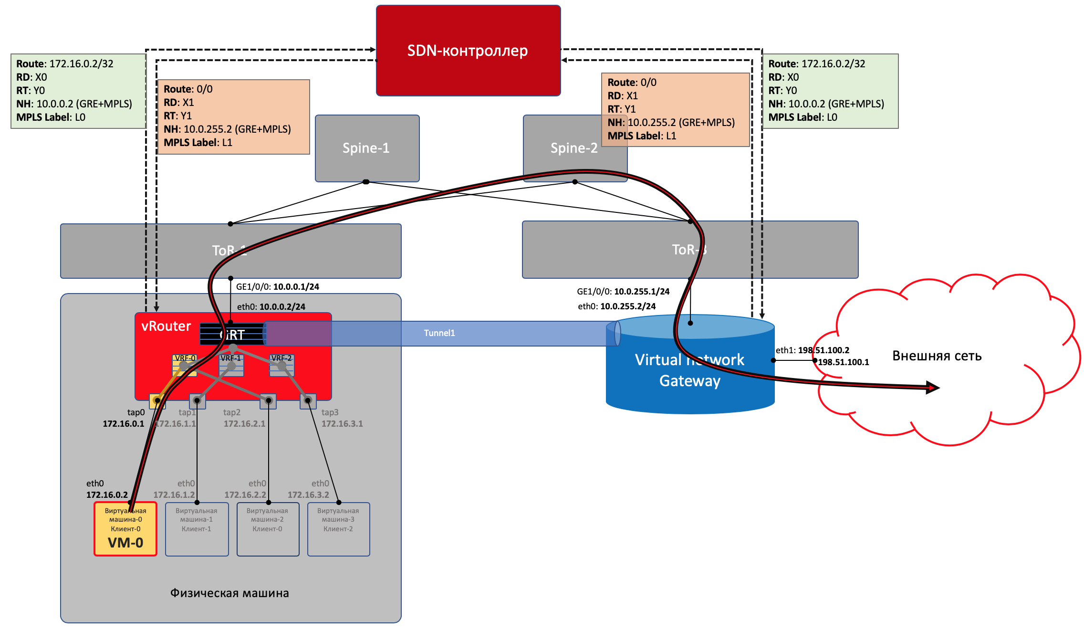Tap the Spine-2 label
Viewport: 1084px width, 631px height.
[573, 148]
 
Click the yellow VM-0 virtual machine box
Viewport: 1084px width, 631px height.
[125, 530]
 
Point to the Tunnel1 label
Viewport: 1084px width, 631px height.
[439, 333]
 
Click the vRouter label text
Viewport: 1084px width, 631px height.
[166, 326]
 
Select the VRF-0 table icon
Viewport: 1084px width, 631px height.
[184, 366]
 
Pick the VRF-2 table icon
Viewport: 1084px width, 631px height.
[281, 366]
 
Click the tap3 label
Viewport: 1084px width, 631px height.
[330, 412]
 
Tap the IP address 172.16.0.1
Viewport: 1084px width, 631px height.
[123, 424]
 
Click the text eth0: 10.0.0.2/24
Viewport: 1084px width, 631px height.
[271, 307]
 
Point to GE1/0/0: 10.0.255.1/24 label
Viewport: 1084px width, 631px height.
[623, 292]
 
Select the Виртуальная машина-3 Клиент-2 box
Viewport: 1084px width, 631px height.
[338, 529]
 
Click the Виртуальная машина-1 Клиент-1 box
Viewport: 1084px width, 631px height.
[197, 529]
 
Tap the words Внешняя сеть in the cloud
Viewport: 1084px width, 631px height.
[937, 356]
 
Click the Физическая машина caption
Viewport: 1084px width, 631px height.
[229, 593]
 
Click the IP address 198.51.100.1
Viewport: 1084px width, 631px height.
[843, 362]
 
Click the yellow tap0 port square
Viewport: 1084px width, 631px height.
[157, 401]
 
